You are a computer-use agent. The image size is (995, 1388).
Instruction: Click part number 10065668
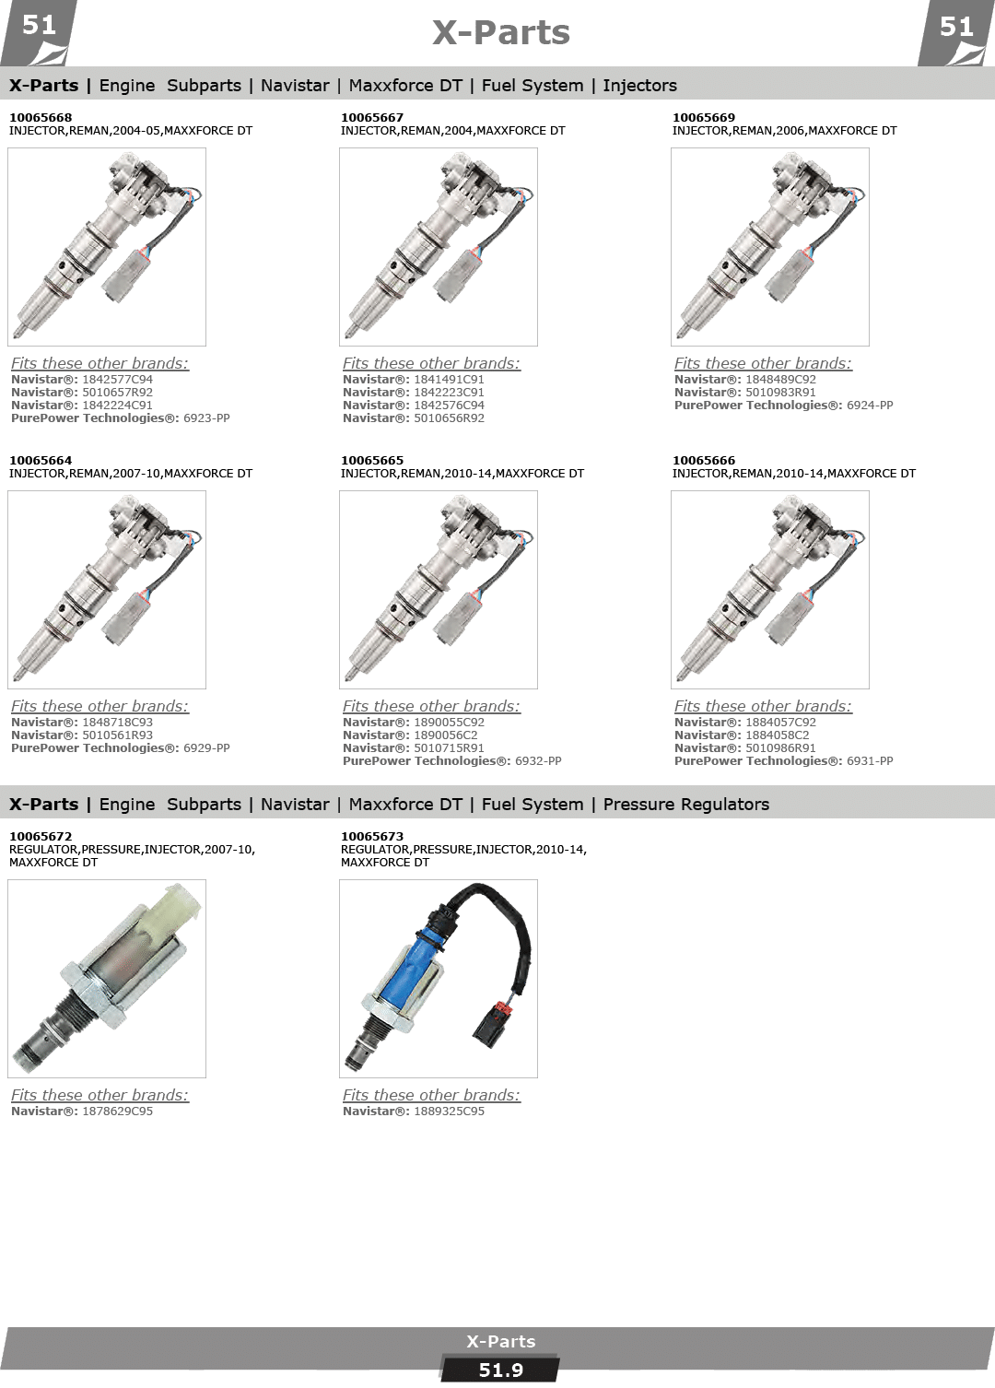click(x=41, y=118)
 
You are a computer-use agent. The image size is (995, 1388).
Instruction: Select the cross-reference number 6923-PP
click(x=206, y=418)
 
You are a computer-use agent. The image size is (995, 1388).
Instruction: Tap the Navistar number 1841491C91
click(x=449, y=379)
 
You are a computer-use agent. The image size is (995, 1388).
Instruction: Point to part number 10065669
click(x=704, y=118)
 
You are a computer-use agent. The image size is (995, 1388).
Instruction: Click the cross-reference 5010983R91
click(x=780, y=393)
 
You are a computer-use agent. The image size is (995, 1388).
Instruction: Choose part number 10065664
click(x=41, y=461)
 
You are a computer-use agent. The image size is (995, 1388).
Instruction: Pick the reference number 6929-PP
click(x=206, y=747)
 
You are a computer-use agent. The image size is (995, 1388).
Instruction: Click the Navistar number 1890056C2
click(x=446, y=735)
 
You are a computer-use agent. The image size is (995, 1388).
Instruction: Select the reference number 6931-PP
click(x=870, y=761)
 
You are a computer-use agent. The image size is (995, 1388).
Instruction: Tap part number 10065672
click(x=41, y=837)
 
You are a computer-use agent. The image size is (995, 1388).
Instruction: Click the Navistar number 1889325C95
click(x=449, y=1111)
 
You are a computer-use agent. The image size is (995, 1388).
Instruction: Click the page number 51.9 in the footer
click(x=500, y=1370)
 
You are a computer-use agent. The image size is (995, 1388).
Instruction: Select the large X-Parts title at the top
click(x=500, y=33)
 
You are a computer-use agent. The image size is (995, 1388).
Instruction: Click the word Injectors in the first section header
click(x=639, y=86)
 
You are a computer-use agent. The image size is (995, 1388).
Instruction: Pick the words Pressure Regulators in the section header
click(x=685, y=805)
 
